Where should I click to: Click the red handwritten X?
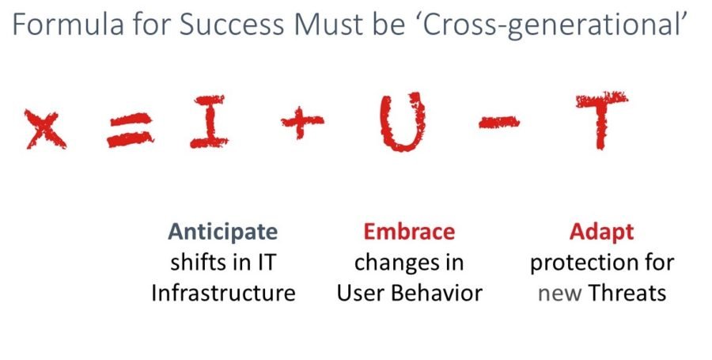[x=46, y=130]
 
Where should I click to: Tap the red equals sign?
[x=131, y=131]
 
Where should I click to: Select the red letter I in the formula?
[x=209, y=122]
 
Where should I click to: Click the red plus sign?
[x=301, y=122]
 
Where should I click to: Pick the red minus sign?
[x=499, y=122]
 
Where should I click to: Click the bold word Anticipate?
[x=222, y=232]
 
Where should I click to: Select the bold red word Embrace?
[x=409, y=232]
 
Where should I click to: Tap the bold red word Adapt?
[x=601, y=233]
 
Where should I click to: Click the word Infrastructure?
[x=223, y=293]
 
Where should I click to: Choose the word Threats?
[x=627, y=293]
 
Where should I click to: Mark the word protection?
[x=579, y=263]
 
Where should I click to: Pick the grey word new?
[x=559, y=294]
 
